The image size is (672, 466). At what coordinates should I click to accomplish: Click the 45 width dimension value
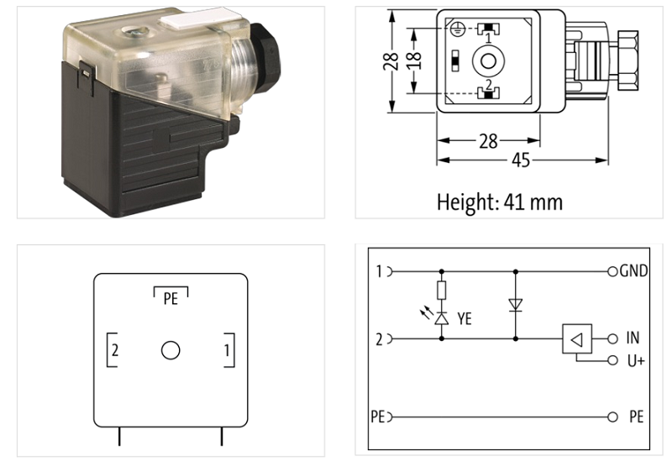522,160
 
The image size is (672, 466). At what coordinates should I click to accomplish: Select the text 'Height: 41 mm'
499,202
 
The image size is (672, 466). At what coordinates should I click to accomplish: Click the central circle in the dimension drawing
486,60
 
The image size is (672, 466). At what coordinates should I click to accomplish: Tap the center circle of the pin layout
171,350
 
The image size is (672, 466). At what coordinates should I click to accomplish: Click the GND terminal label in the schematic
633,272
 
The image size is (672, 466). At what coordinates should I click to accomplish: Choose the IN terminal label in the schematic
633,338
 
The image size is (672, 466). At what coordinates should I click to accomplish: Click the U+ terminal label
634,361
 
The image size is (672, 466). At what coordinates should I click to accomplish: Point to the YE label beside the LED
465,318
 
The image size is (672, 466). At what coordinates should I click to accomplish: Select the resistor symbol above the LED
442,291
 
